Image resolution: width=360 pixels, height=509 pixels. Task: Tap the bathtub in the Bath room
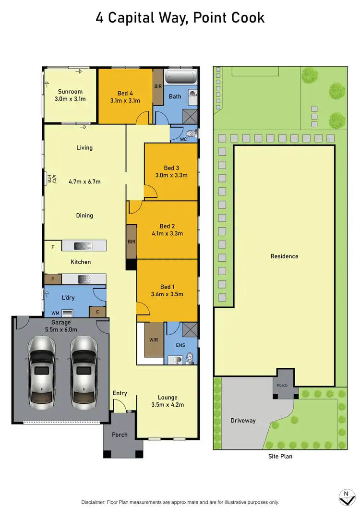(x=180, y=77)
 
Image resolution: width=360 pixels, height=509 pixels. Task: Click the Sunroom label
(x=70, y=92)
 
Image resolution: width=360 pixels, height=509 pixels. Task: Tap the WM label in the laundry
(x=55, y=313)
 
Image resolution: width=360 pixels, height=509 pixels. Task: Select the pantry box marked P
(x=52, y=279)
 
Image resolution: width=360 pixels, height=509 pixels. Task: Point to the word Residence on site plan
(x=284, y=256)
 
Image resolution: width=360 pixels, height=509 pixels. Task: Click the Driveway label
(x=243, y=421)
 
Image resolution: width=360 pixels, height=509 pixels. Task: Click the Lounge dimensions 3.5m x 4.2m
(x=168, y=405)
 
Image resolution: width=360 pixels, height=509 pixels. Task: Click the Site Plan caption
(x=279, y=456)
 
